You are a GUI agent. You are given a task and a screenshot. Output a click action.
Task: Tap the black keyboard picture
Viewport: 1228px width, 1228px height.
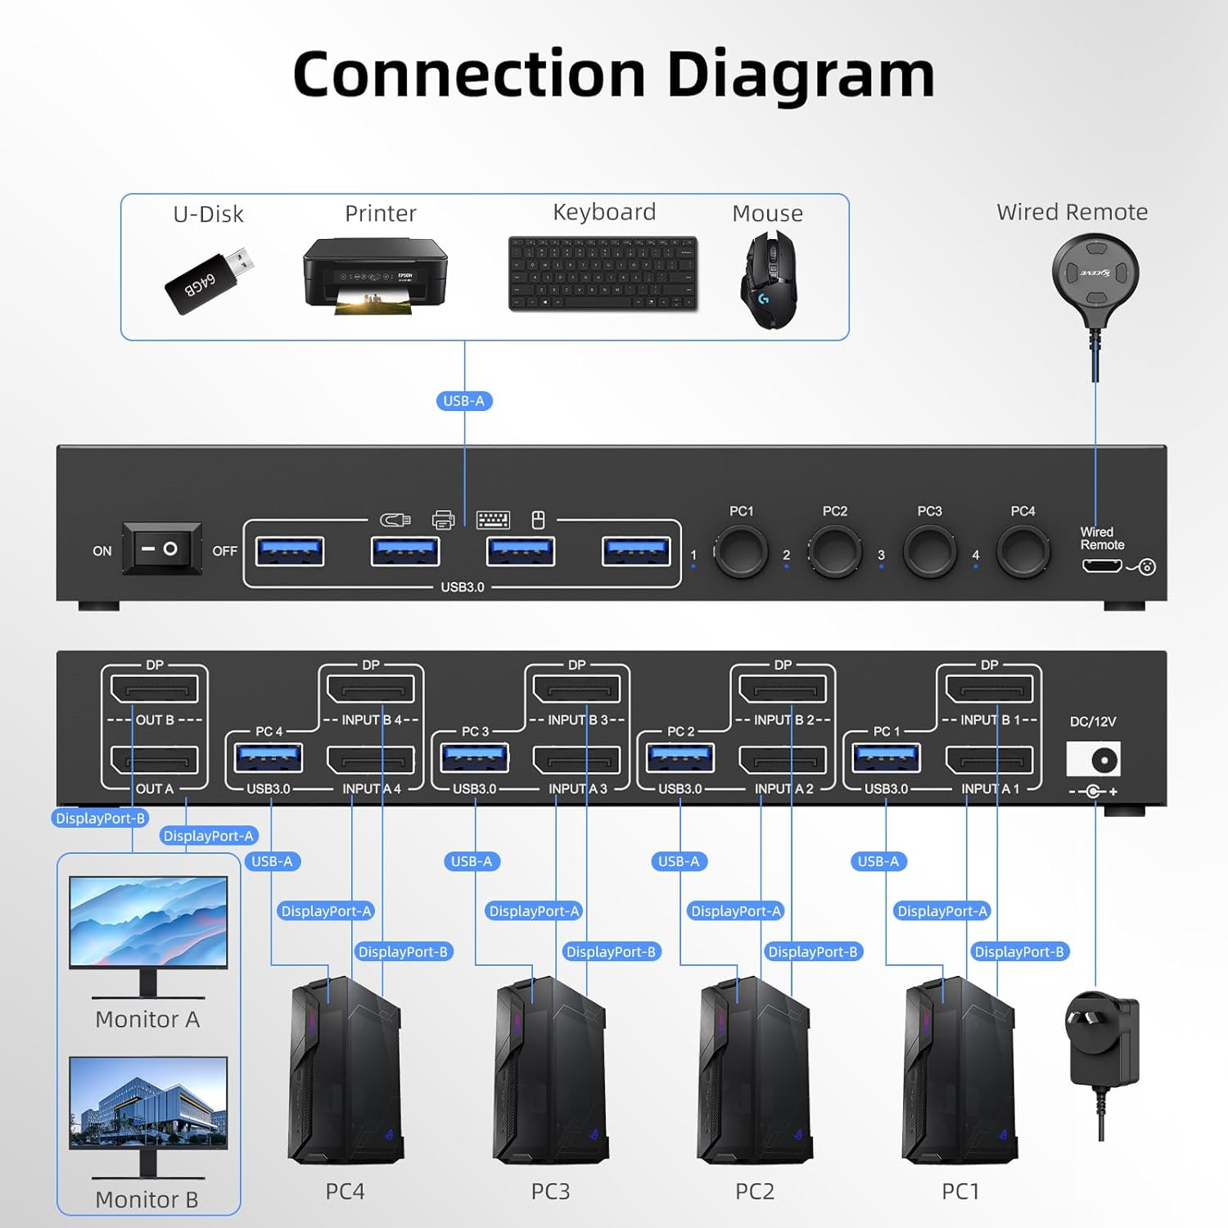tap(603, 273)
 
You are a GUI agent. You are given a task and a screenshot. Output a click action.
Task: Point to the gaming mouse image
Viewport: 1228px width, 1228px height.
tap(768, 280)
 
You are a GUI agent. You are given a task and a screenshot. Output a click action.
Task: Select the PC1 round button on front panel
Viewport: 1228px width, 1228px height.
tap(741, 552)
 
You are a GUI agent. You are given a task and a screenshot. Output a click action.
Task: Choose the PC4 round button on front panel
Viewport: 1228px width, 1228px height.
tap(1023, 552)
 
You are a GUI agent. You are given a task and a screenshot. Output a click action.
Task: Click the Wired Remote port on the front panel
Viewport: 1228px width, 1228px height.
tap(1101, 566)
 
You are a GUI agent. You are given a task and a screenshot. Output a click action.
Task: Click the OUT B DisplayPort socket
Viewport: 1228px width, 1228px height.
tap(155, 689)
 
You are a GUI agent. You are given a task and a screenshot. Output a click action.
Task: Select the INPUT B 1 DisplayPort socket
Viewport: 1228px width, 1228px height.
tap(989, 689)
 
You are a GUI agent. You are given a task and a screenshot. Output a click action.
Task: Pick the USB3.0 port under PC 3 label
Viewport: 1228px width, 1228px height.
tap(475, 758)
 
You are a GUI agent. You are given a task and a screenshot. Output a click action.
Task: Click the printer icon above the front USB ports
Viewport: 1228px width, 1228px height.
tap(443, 520)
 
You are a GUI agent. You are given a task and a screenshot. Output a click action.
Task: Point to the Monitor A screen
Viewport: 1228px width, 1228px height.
tap(148, 922)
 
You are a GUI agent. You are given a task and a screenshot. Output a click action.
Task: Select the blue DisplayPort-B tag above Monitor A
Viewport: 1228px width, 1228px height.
tap(100, 818)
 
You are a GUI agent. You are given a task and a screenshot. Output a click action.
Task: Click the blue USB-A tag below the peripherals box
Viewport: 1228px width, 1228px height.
tap(463, 401)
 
